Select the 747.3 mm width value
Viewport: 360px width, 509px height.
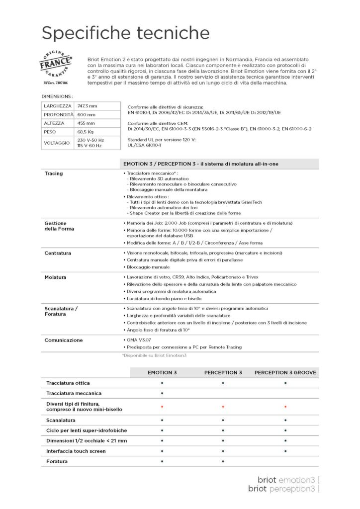(86, 106)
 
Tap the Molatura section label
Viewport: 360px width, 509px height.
(56, 276)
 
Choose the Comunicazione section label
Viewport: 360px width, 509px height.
(64, 340)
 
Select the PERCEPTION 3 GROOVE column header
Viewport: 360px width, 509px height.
(285, 372)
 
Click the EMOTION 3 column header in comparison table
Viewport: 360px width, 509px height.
(162, 372)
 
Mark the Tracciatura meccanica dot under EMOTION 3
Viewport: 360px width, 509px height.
(162, 393)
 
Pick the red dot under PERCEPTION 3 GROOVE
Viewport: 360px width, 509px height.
(285, 407)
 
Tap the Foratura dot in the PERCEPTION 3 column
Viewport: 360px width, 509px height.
(223, 461)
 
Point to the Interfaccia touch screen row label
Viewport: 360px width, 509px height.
(76, 451)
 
